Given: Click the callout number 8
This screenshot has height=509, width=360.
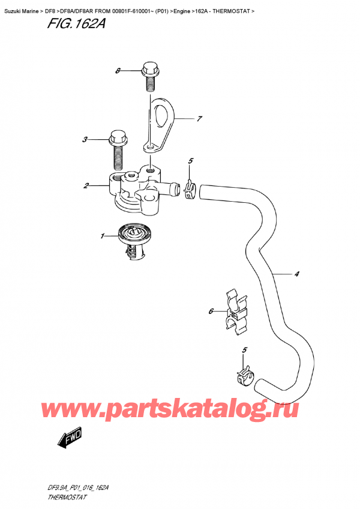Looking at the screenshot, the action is click(x=118, y=71).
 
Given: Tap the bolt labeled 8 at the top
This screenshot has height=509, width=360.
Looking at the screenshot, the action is click(x=149, y=74).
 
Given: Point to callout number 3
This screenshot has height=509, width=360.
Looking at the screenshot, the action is click(x=86, y=140).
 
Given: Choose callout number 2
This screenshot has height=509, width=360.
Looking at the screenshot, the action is click(x=86, y=186).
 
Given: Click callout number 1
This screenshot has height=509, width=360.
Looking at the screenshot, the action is click(x=103, y=235).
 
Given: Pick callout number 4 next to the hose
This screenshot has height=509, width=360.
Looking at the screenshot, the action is click(x=297, y=275).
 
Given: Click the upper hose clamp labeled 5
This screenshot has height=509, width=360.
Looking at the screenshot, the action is click(x=190, y=190).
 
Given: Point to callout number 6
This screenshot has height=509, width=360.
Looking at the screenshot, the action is click(x=211, y=311).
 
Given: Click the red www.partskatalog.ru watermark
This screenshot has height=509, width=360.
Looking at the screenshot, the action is click(x=180, y=410).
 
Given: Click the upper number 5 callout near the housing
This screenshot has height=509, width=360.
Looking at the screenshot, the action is click(x=190, y=161).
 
